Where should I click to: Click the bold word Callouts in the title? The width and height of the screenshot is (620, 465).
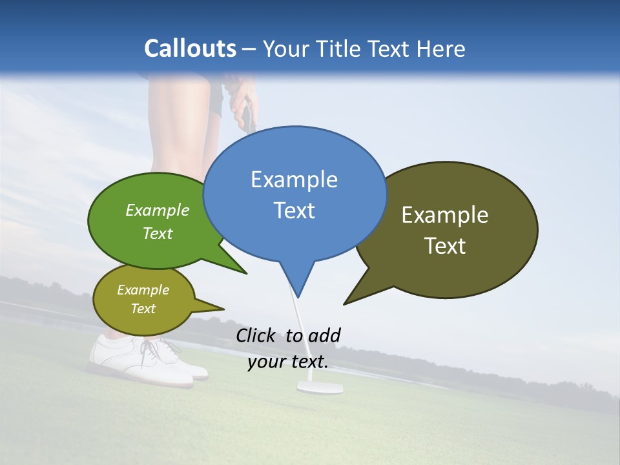tap(190, 48)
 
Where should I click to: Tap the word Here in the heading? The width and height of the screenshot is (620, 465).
tap(440, 49)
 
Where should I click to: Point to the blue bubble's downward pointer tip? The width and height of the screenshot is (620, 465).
tap(298, 296)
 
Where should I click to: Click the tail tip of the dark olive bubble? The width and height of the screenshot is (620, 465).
tap(346, 303)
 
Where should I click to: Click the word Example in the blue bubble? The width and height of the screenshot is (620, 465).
tap(294, 180)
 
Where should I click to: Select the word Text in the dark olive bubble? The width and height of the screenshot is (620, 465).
tap(445, 246)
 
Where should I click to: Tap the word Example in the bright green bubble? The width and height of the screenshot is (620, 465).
tap(158, 211)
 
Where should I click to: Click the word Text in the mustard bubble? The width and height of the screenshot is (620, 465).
tap(143, 309)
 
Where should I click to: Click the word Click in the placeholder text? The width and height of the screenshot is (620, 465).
tap(256, 335)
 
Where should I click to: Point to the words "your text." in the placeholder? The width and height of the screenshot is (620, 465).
tap(288, 362)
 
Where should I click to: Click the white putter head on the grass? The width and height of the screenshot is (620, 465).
tap(319, 387)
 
